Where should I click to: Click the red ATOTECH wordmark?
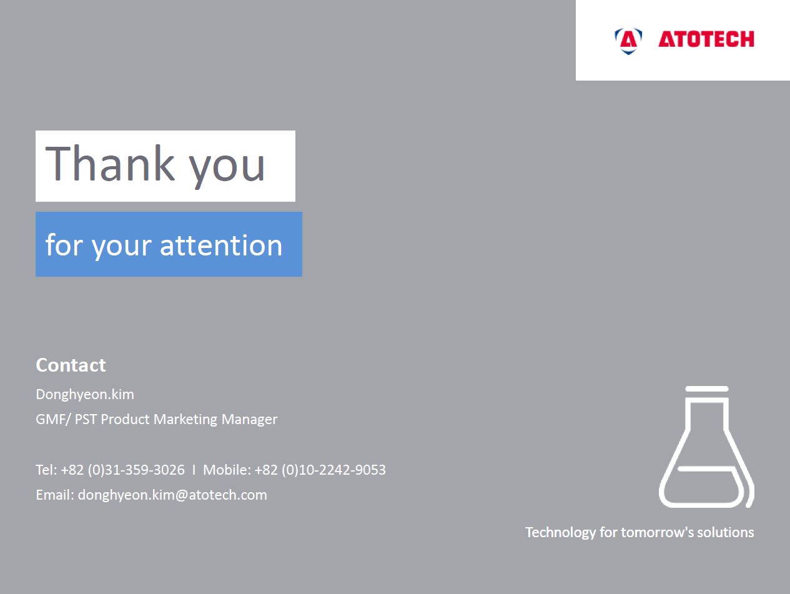[706, 39]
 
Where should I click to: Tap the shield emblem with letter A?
[628, 41]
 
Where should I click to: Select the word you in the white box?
[227, 168]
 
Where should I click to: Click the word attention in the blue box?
[221, 245]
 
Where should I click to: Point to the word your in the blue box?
[121, 249]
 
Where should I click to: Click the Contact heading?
[71, 365]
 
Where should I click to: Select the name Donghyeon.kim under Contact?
[85, 395]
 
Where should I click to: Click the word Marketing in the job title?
[185, 420]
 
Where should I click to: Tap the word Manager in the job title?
[249, 420]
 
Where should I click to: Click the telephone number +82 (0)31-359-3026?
[123, 470]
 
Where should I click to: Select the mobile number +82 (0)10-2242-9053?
[320, 470]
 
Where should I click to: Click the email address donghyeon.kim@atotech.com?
[172, 495]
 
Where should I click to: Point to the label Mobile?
[227, 470]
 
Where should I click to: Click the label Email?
[55, 495]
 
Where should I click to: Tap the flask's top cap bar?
[707, 389]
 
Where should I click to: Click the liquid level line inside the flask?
[706, 468]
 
